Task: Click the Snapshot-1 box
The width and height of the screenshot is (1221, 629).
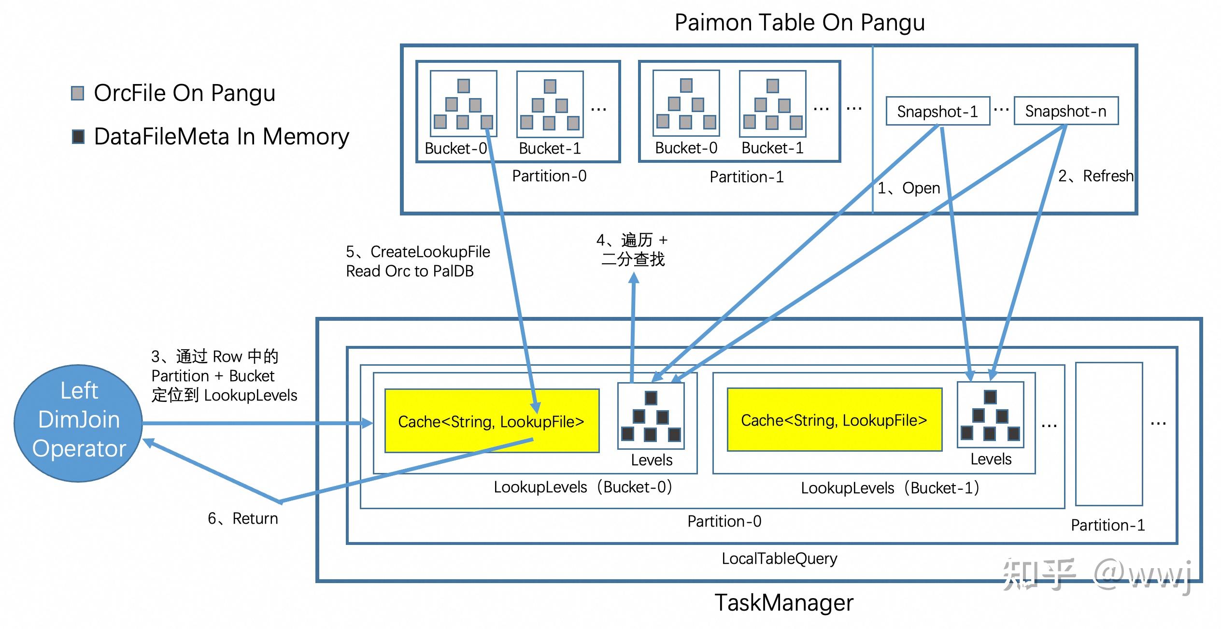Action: [937, 112]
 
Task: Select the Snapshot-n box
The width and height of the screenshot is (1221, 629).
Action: [1065, 111]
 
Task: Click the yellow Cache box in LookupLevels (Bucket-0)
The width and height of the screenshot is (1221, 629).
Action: [491, 421]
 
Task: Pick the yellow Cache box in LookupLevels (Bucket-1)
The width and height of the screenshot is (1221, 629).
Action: [834, 420]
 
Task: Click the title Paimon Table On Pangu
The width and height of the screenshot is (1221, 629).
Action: [799, 22]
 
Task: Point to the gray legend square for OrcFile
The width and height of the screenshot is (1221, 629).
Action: [78, 93]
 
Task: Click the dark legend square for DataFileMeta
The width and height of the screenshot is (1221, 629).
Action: [78, 137]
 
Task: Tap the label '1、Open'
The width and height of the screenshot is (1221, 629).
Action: [909, 188]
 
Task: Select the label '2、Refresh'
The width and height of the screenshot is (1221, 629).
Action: [1095, 176]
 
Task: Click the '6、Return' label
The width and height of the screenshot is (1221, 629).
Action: [243, 518]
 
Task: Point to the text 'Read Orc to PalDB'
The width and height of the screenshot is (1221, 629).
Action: [410, 271]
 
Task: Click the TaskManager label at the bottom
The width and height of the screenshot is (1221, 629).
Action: [783, 602]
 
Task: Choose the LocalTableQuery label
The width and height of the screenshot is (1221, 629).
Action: [779, 558]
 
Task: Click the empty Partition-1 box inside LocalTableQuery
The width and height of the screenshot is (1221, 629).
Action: [1108, 433]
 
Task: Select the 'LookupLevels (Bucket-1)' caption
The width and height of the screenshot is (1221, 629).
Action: [890, 488]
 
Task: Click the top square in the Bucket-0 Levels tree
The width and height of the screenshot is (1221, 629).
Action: [651, 398]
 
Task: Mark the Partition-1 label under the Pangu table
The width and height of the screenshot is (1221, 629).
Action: [746, 177]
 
